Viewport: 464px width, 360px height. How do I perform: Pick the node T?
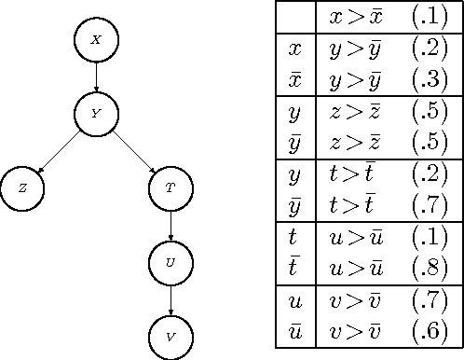[170, 187]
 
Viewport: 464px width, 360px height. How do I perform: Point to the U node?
[170, 262]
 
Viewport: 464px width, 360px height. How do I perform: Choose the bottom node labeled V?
[170, 335]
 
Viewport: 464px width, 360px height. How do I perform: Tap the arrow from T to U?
[170, 225]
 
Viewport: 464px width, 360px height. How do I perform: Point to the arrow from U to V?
[170, 298]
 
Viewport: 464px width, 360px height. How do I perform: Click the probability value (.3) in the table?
[428, 78]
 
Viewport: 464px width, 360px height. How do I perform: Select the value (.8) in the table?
[428, 270]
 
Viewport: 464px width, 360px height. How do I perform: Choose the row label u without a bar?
[295, 301]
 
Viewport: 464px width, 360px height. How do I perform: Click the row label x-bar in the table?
[295, 78]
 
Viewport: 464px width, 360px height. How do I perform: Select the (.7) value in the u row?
[428, 301]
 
